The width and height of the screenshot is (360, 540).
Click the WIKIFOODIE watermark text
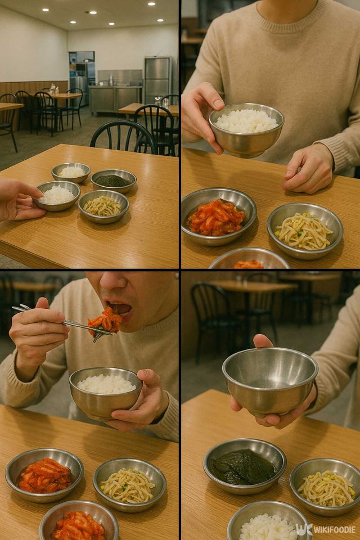click(x=334, y=529)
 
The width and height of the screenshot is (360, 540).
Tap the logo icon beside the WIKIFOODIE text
click(x=303, y=529)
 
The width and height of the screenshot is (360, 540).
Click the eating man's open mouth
click(x=121, y=308)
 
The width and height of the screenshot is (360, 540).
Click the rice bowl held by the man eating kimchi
click(x=105, y=392)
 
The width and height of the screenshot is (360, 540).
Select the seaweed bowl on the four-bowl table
click(x=113, y=181)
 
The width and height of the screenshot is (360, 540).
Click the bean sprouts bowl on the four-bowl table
click(x=103, y=206)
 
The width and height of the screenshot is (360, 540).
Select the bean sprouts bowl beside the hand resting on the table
click(x=304, y=230)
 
